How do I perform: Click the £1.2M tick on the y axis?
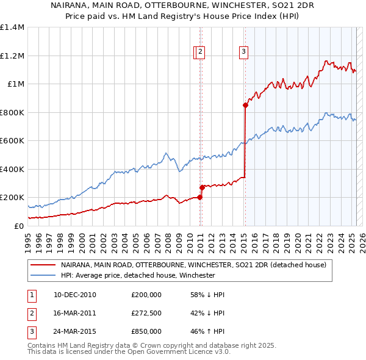12,56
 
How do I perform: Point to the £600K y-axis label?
12,140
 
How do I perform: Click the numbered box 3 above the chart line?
243,52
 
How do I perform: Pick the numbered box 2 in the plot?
200,52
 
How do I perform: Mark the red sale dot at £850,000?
245,105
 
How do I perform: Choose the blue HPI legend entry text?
138,275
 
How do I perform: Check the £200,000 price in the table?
146,295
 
